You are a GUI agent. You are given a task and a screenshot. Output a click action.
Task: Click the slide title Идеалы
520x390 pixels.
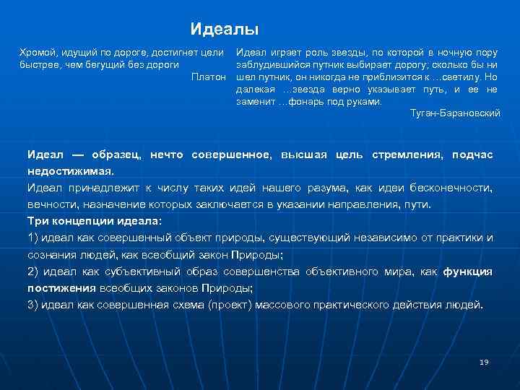pyautogui.click(x=225, y=30)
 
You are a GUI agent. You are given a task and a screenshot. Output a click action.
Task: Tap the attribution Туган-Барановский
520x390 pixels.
pyautogui.click(x=454, y=113)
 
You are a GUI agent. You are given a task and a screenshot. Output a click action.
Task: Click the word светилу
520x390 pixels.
pyautogui.click(x=458, y=77)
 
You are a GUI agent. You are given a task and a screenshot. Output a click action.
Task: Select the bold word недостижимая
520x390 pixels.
pyautogui.click(x=69, y=172)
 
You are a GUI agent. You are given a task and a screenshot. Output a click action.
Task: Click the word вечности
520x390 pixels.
pyautogui.click(x=51, y=204)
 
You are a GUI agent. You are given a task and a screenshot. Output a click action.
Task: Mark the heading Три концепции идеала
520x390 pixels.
pyautogui.click(x=95, y=221)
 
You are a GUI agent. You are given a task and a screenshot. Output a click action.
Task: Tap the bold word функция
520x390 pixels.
pyautogui.click(x=467, y=272)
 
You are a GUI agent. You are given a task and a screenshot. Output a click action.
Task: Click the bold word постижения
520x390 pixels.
pyautogui.click(x=61, y=288)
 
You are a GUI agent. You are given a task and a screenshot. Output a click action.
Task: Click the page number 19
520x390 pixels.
pyautogui.click(x=484, y=362)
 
